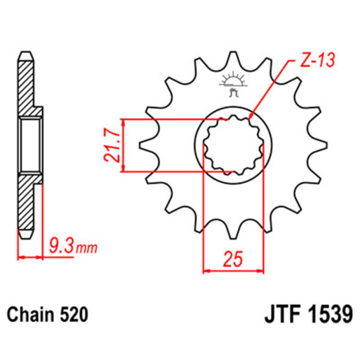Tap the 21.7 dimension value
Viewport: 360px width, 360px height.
113,146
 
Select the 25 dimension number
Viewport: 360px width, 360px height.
234,259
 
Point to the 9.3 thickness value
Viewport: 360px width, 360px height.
60,244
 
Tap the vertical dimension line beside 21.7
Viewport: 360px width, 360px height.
124,145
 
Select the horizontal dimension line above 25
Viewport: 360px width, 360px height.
233,271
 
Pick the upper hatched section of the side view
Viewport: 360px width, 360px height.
27,83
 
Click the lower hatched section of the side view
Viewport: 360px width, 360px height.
27,205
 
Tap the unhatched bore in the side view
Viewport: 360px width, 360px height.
30,145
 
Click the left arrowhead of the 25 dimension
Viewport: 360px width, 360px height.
206,271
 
